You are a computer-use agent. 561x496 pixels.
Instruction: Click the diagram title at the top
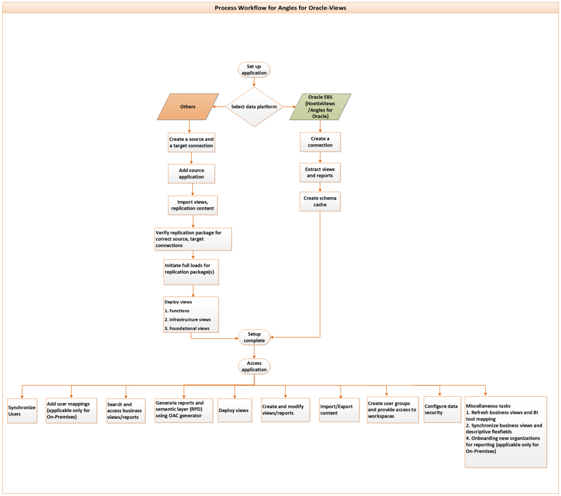click(x=280, y=8)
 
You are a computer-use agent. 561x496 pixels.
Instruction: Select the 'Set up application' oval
click(x=254, y=69)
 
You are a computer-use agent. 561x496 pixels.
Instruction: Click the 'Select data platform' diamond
click(x=254, y=107)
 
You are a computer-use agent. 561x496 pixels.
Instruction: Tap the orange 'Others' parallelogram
click(x=187, y=106)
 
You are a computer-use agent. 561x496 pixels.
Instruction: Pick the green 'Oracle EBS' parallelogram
click(x=320, y=107)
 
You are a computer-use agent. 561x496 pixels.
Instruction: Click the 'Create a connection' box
click(x=320, y=141)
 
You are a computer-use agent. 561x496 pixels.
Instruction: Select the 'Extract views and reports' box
click(x=320, y=172)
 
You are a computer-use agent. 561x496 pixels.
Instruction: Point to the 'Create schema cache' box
click(x=320, y=201)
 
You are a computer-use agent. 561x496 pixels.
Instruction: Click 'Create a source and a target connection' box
click(x=192, y=142)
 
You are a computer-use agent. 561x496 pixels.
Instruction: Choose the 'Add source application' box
click(x=192, y=173)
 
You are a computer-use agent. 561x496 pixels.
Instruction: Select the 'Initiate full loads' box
click(x=191, y=268)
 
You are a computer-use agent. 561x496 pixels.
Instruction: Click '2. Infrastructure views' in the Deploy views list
click(x=187, y=320)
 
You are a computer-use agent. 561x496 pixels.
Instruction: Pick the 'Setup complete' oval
click(x=254, y=337)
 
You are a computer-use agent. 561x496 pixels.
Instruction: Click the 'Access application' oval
click(x=254, y=366)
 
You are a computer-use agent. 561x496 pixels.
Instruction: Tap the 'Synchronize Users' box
click(x=21, y=410)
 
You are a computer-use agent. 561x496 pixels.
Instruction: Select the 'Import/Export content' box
click(x=339, y=410)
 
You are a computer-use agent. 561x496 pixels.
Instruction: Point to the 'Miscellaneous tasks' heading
click(x=488, y=406)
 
